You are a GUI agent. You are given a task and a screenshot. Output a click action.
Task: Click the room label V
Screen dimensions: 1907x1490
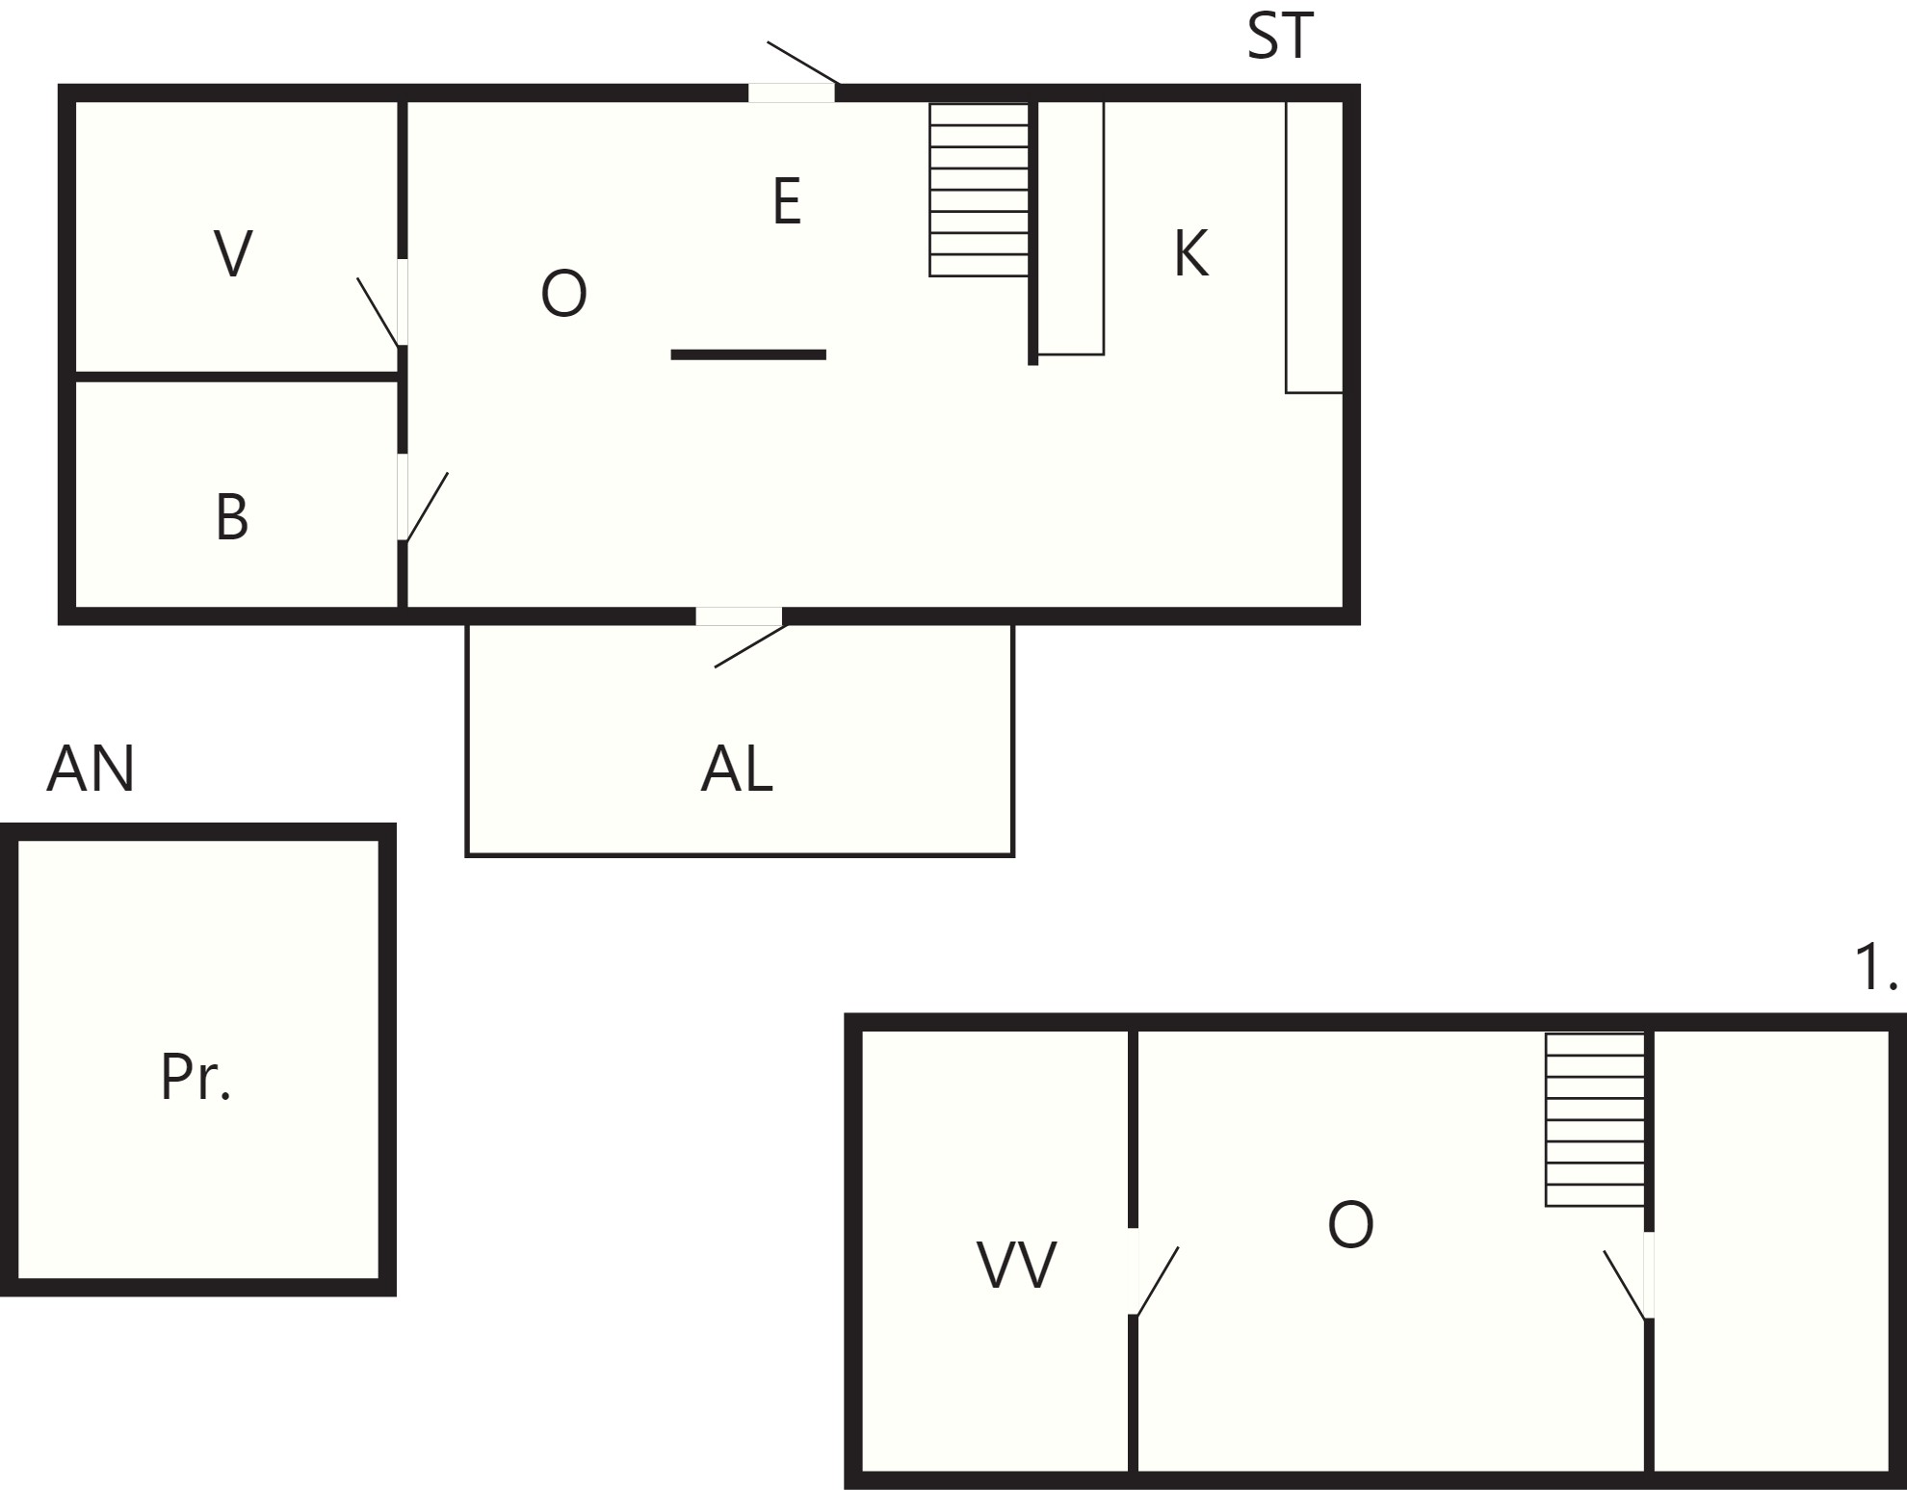click(233, 254)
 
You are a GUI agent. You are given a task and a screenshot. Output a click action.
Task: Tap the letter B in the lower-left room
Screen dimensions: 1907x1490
click(232, 517)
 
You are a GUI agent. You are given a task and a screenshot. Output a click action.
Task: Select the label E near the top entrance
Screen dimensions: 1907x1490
click(787, 202)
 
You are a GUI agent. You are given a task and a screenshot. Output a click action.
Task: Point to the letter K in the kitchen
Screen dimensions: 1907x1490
click(1191, 254)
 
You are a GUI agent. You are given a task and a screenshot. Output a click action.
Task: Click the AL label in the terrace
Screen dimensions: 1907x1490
click(737, 770)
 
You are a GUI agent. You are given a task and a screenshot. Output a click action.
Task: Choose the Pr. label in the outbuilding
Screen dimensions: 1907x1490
click(196, 1077)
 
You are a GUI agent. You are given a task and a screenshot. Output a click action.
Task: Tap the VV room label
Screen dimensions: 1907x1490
click(1017, 1265)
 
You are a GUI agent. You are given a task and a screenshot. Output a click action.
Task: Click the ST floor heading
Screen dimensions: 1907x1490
click(1280, 37)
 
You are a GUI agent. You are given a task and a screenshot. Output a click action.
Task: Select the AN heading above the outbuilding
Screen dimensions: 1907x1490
click(91, 769)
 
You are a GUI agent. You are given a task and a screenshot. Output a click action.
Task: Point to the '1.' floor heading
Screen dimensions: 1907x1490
click(1875, 967)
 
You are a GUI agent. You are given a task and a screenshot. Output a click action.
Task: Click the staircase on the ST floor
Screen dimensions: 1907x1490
click(979, 190)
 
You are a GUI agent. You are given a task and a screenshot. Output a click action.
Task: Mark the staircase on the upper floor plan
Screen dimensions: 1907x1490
click(1595, 1120)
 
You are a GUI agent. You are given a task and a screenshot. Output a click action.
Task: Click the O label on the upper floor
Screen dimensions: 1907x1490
click(1350, 1225)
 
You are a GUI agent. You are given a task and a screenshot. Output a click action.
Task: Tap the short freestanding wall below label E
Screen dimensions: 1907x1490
click(748, 355)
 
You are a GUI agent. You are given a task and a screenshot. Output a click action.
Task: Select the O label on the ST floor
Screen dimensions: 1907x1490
click(563, 294)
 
